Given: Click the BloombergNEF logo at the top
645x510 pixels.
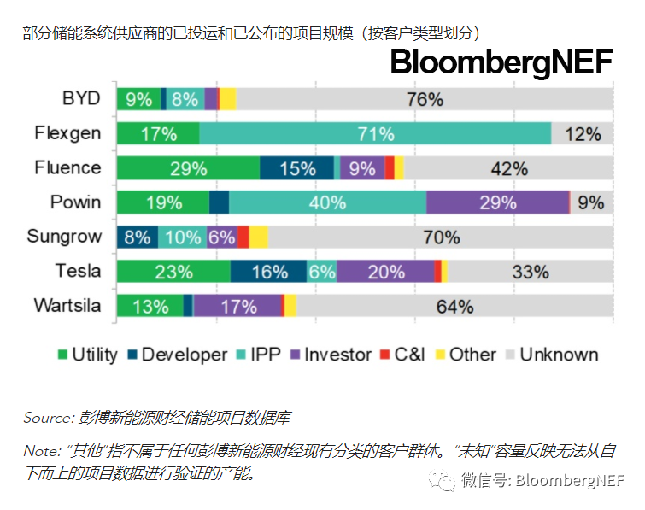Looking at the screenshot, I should (501, 62).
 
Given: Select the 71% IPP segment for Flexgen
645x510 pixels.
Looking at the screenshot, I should (376, 133).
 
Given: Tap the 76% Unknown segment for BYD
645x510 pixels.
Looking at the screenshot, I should (425, 99).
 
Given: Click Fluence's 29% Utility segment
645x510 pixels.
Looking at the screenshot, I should (189, 168).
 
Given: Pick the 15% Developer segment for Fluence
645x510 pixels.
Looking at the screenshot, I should (297, 168).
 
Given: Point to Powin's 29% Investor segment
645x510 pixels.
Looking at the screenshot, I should (497, 202).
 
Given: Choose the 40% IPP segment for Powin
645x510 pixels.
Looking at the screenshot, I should (328, 202).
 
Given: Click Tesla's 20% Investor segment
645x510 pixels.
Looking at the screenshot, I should (385, 272).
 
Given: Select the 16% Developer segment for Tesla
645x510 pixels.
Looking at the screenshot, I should (269, 272).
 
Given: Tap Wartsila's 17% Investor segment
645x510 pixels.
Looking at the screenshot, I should (237, 306).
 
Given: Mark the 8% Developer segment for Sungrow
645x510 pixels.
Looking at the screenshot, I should (138, 237).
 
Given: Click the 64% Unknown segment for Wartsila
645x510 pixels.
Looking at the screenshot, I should (454, 306).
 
